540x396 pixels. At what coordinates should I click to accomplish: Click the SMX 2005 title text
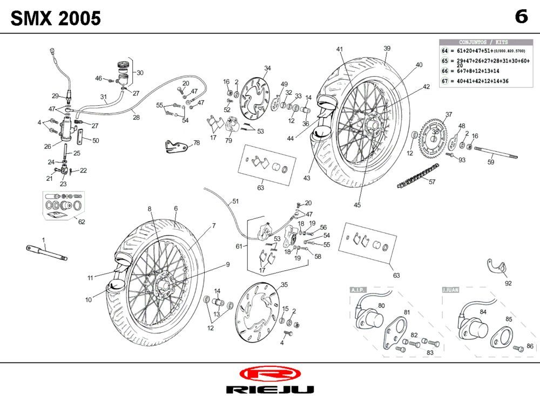(56, 18)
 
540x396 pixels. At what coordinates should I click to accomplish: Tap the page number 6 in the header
(521, 17)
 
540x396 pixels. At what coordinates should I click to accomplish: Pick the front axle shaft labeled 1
(47, 252)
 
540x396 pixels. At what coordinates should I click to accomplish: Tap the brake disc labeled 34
(253, 95)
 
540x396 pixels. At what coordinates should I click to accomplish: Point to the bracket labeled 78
(176, 146)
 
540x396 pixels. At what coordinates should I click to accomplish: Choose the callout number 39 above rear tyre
(387, 49)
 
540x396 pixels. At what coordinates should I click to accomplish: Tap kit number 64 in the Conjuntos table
(445, 50)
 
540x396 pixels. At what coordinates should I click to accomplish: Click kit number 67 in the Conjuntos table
(445, 81)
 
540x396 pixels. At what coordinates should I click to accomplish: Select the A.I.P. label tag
(358, 290)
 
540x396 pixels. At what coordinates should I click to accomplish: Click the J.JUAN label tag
(450, 290)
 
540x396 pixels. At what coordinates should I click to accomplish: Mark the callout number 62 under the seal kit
(82, 221)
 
